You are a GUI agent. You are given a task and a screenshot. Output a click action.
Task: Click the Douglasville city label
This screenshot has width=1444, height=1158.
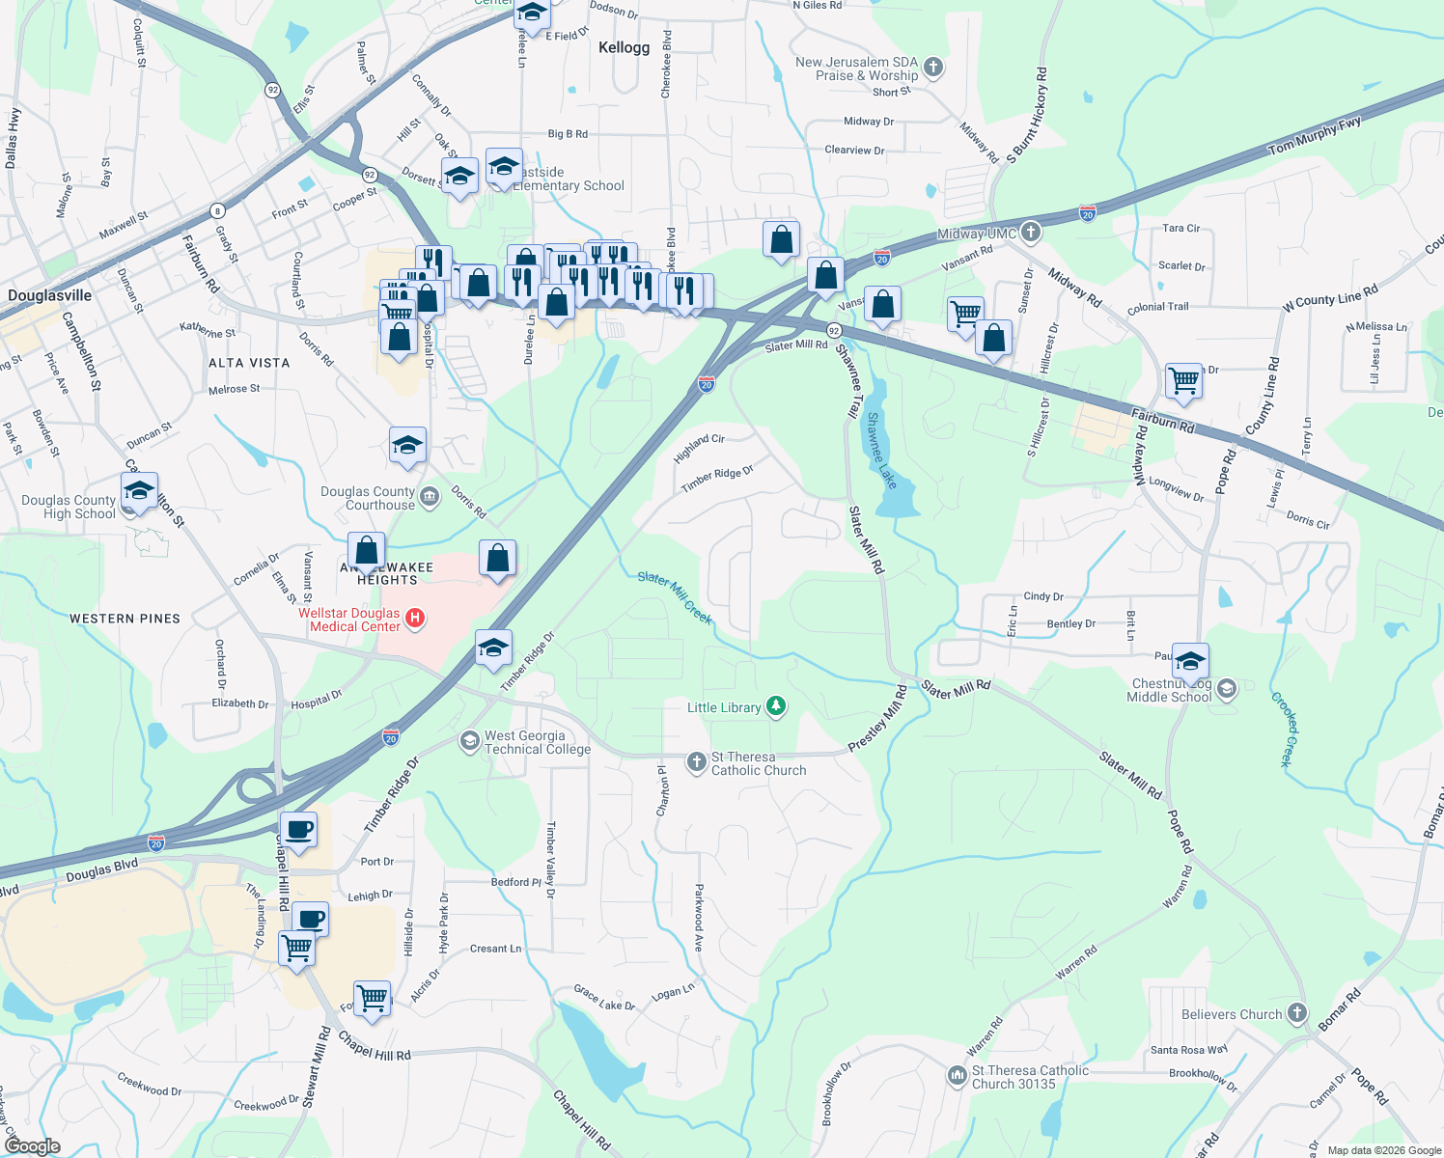tap(50, 295)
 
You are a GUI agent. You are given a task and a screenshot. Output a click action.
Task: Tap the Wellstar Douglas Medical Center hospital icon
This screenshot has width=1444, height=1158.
tap(415, 619)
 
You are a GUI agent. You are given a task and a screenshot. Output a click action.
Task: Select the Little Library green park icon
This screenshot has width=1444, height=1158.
tap(776, 707)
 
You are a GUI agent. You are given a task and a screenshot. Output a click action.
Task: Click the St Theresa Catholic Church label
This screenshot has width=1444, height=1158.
tap(758, 763)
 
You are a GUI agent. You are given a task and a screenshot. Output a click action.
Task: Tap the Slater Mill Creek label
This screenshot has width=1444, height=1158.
tap(675, 596)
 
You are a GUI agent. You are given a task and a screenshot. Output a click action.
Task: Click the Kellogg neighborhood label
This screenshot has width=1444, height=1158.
tap(624, 47)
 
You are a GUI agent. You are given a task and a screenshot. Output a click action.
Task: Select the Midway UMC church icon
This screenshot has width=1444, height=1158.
tap(1031, 232)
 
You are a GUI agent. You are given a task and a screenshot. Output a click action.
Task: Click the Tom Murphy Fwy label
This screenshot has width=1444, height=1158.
tap(1314, 135)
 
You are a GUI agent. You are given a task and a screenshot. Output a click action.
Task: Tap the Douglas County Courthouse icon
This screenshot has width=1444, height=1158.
tap(430, 497)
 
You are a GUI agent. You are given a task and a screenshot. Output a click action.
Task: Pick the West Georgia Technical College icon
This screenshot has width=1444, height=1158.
tap(470, 741)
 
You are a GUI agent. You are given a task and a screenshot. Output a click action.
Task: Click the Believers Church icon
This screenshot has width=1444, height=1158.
tap(1297, 1013)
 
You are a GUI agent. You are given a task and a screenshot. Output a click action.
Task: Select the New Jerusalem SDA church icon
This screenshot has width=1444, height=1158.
tap(932, 68)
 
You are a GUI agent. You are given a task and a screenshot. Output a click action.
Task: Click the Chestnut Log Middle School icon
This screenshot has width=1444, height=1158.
tap(1227, 689)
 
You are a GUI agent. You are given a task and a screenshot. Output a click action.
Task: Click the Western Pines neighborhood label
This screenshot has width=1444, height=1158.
tap(125, 619)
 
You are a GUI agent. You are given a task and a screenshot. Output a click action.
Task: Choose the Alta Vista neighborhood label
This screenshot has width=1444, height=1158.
tap(249, 363)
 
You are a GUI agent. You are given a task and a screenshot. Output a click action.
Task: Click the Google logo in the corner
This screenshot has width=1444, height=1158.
tap(32, 1145)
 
